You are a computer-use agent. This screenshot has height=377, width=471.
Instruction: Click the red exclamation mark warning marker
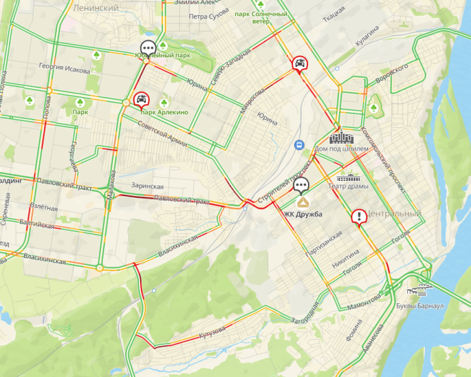pyautogui.click(x=359, y=216)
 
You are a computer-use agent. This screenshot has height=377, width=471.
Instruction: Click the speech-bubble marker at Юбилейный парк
pyautogui.click(x=148, y=48)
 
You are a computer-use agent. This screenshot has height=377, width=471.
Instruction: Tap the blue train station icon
pyautogui.click(x=297, y=145)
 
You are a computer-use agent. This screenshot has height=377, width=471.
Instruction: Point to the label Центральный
pyautogui.click(x=394, y=214)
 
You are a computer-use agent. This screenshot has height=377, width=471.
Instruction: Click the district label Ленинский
pyautogui.click(x=96, y=8)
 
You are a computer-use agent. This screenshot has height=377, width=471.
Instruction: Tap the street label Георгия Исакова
pyautogui.click(x=64, y=69)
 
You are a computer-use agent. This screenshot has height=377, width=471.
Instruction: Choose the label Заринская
pyautogui.click(x=147, y=186)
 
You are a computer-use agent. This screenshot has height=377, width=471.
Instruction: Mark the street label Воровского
pyautogui.click(x=392, y=73)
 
